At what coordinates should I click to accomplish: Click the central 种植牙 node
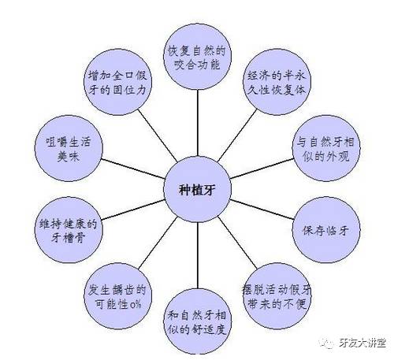pos(197,189)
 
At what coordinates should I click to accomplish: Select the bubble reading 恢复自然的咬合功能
pos(198,57)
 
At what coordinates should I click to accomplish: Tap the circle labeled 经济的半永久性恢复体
pos(277,82)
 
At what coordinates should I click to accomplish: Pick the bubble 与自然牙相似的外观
pos(326,148)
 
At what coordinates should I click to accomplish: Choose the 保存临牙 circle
pos(326,230)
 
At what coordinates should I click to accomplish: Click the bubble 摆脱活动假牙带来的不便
pos(277,296)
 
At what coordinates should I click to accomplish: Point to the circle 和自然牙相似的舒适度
pos(198,321)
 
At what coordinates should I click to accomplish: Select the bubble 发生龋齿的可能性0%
pos(118,296)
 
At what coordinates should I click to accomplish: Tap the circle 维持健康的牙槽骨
pos(69,230)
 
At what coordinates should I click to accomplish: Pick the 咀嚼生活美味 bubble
pos(69,148)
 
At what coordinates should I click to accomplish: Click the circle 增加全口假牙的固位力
pos(118,82)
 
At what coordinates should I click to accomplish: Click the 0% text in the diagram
pos(136,304)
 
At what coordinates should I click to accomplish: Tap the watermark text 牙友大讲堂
pos(363,343)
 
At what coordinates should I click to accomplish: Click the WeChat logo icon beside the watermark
pos(327,343)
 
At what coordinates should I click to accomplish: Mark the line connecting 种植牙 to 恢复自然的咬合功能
pos(198,123)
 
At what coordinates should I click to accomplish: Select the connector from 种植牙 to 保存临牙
pos(262,210)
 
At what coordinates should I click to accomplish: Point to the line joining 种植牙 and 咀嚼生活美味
pos(133,169)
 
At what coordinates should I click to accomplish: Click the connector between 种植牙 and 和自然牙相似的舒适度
pos(198,255)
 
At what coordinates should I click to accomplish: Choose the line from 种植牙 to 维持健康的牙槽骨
pos(133,210)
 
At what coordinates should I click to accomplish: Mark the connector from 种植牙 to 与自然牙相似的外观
pos(262,169)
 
